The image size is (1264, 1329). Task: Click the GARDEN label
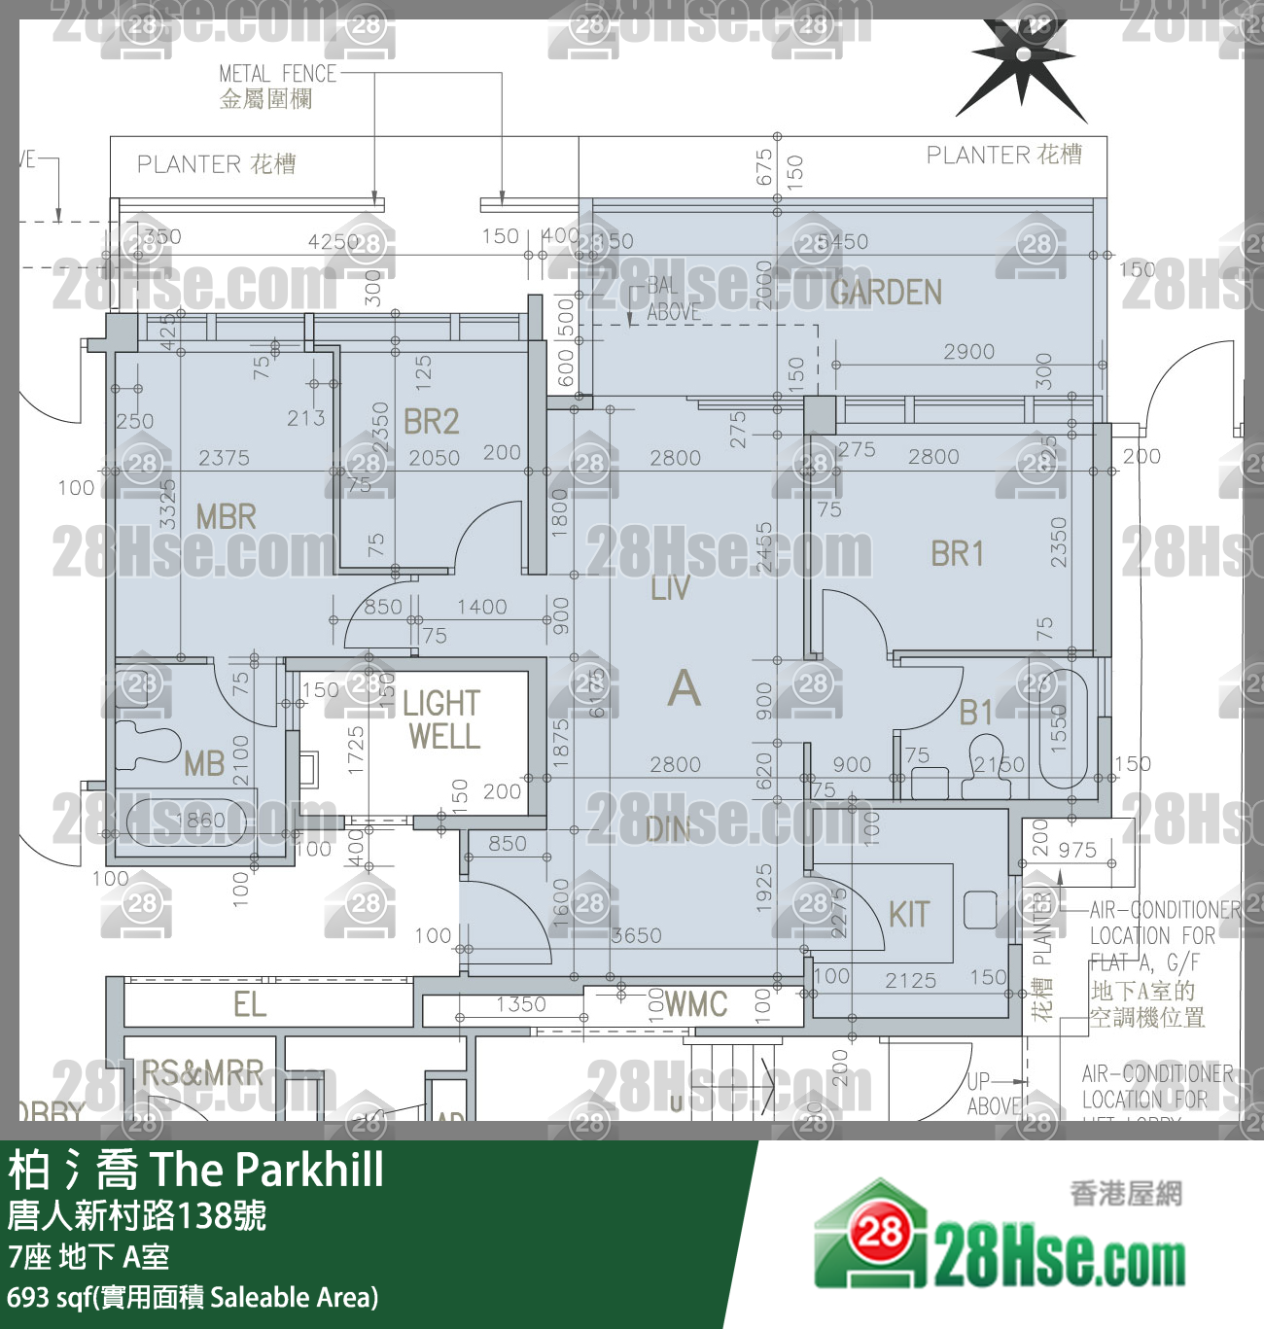pos(886,292)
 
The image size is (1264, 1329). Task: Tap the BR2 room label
pos(431,422)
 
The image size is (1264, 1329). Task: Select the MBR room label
pos(226,516)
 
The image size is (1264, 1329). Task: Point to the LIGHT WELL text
pos(442,719)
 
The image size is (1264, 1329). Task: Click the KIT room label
pos(909,915)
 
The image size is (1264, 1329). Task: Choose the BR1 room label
pos(958,554)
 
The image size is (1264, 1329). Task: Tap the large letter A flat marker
pos(684,688)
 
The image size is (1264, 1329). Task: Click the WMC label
pos(696,1004)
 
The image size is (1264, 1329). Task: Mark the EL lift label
pos(250,1004)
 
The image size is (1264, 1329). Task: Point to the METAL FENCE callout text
pos(277,74)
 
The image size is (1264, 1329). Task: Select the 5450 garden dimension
pos(842,241)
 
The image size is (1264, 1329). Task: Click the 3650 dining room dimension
pos(636,935)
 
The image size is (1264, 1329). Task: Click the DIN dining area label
pos(668,829)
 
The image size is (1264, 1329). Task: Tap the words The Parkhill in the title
pos(266,1170)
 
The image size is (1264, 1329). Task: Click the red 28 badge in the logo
pos(880,1233)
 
